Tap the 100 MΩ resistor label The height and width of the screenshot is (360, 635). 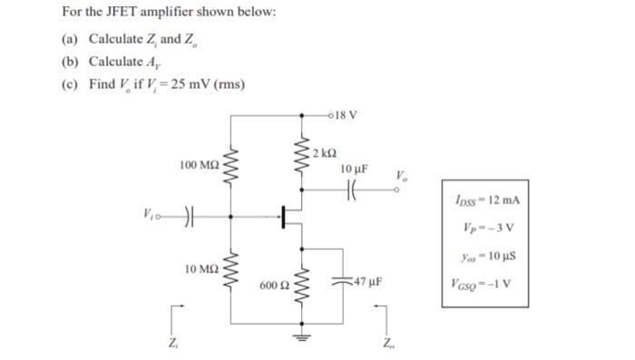(x=199, y=165)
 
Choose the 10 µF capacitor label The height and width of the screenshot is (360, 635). (x=354, y=170)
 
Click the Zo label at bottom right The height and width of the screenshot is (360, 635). (x=389, y=344)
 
